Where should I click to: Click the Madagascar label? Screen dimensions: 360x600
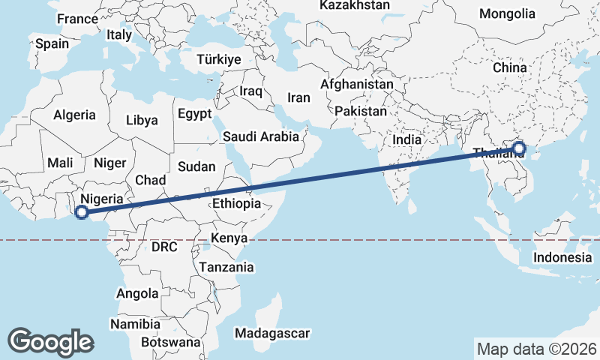coord(272,333)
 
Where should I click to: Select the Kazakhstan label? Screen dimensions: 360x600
coord(355,5)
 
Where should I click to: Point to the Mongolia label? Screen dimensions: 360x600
coord(507,13)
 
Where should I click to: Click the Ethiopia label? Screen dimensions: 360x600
coord(236,203)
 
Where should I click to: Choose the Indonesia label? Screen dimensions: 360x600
coord(562,257)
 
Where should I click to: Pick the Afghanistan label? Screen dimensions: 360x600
coord(356,85)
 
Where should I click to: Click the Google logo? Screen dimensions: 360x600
coord(50,341)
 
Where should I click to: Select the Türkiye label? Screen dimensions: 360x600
coord(217,59)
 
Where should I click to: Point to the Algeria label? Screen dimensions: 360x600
coord(74,115)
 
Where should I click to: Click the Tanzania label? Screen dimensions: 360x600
coord(226,267)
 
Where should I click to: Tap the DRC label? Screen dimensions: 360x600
coord(163,246)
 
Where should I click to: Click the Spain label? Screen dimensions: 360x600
coord(52,43)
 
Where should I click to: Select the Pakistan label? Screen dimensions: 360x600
coord(361,111)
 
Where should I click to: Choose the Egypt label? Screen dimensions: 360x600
coord(196,114)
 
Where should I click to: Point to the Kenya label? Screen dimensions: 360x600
coord(229,238)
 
